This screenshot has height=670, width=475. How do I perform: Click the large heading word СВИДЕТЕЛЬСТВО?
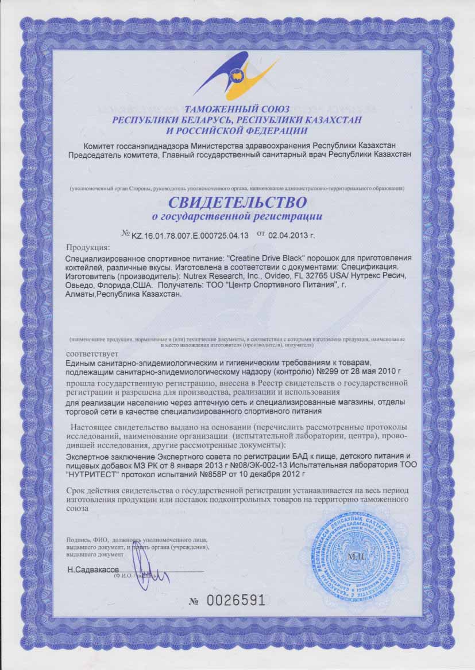[237, 202]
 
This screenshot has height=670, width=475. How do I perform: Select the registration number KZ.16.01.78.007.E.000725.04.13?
[190, 235]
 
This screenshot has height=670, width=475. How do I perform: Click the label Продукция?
[88, 248]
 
